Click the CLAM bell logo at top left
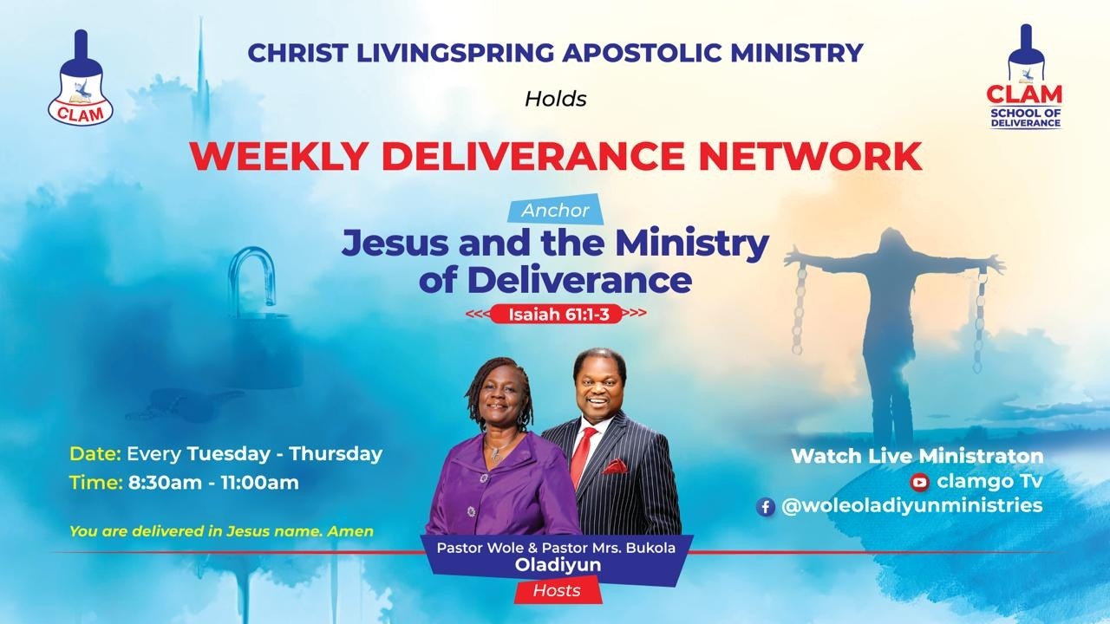click(x=81, y=80)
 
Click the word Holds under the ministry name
click(x=555, y=99)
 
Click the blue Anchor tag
click(x=555, y=210)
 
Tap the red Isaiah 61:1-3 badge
click(x=556, y=314)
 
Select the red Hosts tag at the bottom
click(x=555, y=591)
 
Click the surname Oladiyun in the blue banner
click(x=554, y=566)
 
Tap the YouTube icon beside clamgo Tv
click(x=919, y=482)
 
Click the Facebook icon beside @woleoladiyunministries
click(x=765, y=507)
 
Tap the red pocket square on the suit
click(x=615, y=465)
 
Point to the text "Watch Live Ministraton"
click(x=917, y=456)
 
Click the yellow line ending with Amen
click(x=221, y=530)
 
